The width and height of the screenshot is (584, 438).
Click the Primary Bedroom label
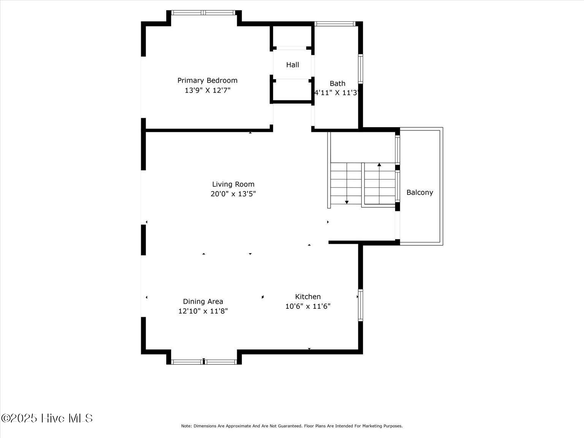pyautogui.click(x=207, y=80)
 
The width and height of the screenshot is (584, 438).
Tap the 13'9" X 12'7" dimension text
pyautogui.click(x=208, y=90)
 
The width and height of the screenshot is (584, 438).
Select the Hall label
pyautogui.click(x=292, y=65)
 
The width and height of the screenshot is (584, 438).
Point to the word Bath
pyautogui.click(x=337, y=84)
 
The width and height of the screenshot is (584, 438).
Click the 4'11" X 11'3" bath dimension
pyautogui.click(x=337, y=92)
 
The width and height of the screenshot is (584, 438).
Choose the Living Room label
pyautogui.click(x=233, y=184)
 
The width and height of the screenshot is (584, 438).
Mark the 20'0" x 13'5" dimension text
pyautogui.click(x=233, y=194)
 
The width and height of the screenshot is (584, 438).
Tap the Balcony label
pyautogui.click(x=420, y=192)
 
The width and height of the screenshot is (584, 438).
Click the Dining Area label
pyautogui.click(x=203, y=301)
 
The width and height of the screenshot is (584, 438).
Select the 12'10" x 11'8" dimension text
pyautogui.click(x=203, y=311)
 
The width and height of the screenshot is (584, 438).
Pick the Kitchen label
pyautogui.click(x=308, y=297)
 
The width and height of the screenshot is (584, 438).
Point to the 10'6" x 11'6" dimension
pyautogui.click(x=308, y=306)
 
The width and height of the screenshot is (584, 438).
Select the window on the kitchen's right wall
pyautogui.click(x=360, y=305)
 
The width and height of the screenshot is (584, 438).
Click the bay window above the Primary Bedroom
pyautogui.click(x=203, y=13)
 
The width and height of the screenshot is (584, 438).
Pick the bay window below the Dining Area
pyautogui.click(x=204, y=362)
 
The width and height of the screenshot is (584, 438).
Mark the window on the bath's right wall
pyautogui.click(x=360, y=69)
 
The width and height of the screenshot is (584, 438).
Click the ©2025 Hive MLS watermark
pyautogui.click(x=47, y=418)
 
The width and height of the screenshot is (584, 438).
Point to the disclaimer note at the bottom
pyautogui.click(x=292, y=426)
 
